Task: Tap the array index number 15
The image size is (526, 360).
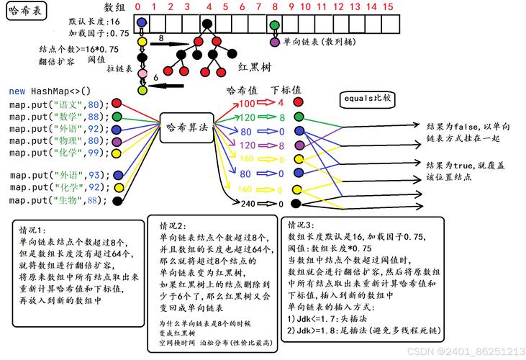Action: click(x=388, y=7)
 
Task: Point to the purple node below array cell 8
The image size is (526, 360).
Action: click(x=275, y=42)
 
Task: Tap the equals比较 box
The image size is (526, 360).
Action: click(x=367, y=98)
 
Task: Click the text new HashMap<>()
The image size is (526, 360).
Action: click(x=50, y=91)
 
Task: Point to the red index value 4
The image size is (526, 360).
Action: click(x=281, y=104)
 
